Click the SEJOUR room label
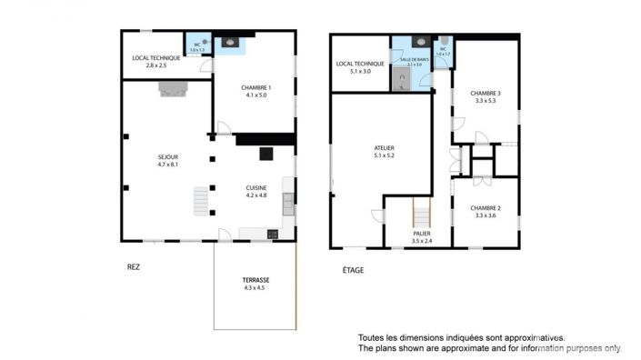[166, 157]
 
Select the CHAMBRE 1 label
[256, 87]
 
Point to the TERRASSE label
[255, 279]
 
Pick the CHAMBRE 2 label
[486, 207]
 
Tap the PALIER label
[421, 234]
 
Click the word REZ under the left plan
[134, 267]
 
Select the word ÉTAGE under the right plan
[354, 269]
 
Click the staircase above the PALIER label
[422, 215]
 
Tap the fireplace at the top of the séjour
[172, 87]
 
